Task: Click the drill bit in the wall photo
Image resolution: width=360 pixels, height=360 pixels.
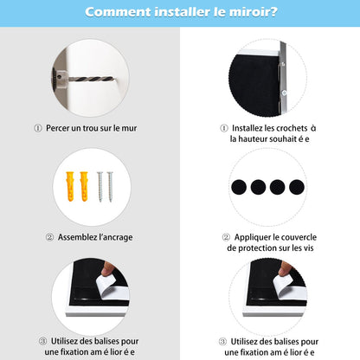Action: [x=92, y=78]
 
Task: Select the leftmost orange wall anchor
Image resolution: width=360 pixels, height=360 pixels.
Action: [x=70, y=186]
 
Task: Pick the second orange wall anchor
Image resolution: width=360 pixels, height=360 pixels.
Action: [x=84, y=186]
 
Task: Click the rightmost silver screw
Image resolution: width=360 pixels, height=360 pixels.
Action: [x=110, y=187]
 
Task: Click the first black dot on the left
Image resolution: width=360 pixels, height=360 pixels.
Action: [x=239, y=187]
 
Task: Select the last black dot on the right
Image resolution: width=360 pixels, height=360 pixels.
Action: [x=297, y=187]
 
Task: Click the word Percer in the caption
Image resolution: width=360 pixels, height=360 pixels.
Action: [x=57, y=128]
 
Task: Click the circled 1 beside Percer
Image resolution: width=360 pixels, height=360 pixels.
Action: [x=38, y=128]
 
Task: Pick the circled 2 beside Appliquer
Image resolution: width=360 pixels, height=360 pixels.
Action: [x=226, y=237]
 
